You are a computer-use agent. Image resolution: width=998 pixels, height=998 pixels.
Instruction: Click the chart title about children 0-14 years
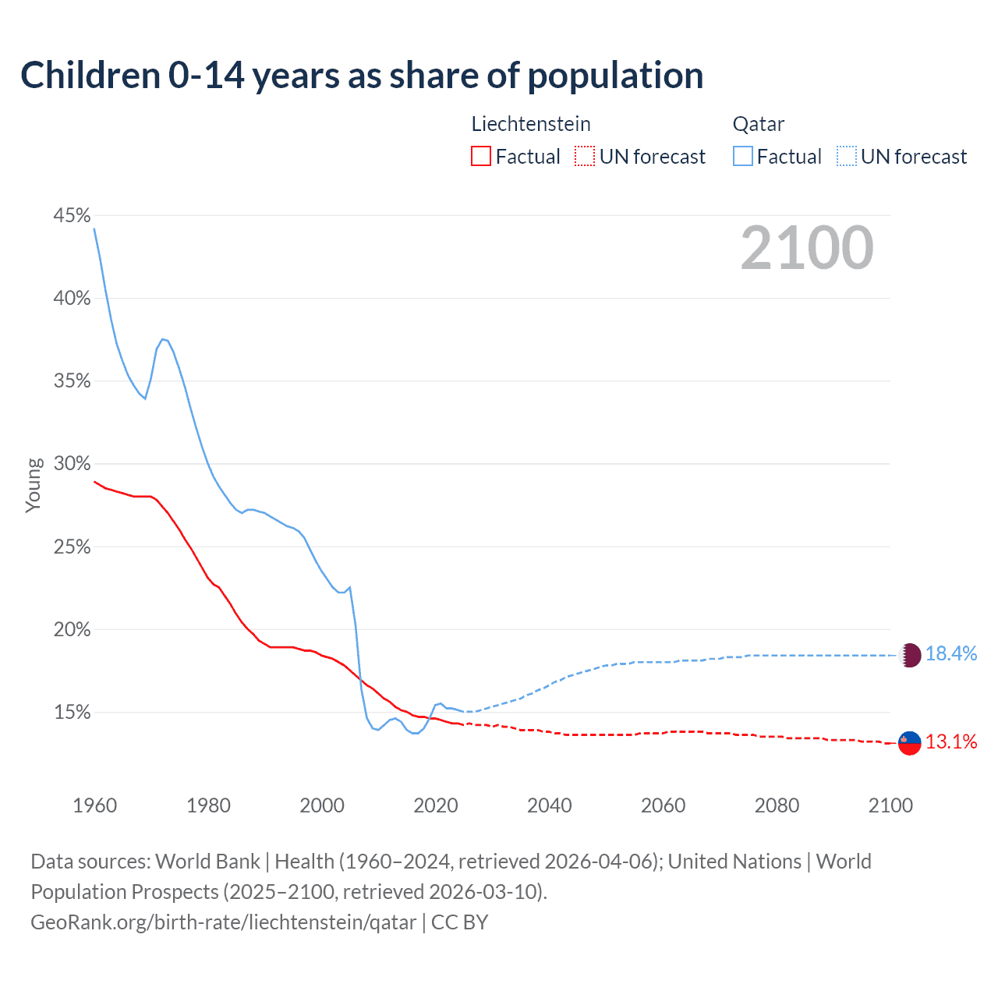click(362, 76)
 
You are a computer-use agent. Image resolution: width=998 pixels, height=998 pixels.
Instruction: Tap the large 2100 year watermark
click(806, 248)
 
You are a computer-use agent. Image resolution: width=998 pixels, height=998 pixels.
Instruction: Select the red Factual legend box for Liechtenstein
click(481, 157)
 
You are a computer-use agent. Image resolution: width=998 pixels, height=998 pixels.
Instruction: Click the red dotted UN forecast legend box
click(585, 157)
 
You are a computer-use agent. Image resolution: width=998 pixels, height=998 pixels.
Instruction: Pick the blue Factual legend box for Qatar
click(743, 157)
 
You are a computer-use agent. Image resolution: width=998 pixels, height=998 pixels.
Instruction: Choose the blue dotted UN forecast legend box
click(846, 157)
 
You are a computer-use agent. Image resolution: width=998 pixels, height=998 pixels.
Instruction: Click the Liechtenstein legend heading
click(531, 124)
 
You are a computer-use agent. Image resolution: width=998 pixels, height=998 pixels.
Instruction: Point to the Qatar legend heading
click(758, 124)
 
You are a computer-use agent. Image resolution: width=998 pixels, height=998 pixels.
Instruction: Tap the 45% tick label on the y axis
click(72, 215)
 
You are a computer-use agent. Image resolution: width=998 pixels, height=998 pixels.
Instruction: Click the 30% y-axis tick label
click(72, 464)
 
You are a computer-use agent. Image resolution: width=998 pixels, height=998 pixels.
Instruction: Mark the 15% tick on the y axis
click(72, 713)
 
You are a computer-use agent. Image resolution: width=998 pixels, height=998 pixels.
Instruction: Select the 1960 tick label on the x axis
click(94, 805)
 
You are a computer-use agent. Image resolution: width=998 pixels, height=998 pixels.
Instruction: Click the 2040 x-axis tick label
click(550, 805)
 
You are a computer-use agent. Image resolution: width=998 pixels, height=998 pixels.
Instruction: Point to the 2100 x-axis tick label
click(890, 805)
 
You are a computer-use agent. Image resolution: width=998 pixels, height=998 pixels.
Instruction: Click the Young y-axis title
click(34, 485)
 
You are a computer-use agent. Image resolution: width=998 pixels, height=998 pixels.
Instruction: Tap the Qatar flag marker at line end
click(910, 655)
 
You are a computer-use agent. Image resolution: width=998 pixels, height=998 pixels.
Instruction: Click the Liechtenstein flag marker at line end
click(910, 743)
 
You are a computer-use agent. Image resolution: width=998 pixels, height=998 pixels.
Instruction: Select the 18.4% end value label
click(951, 654)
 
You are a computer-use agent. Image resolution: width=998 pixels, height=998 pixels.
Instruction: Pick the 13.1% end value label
click(951, 742)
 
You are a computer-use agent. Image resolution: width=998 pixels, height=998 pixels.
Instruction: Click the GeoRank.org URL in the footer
click(224, 922)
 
